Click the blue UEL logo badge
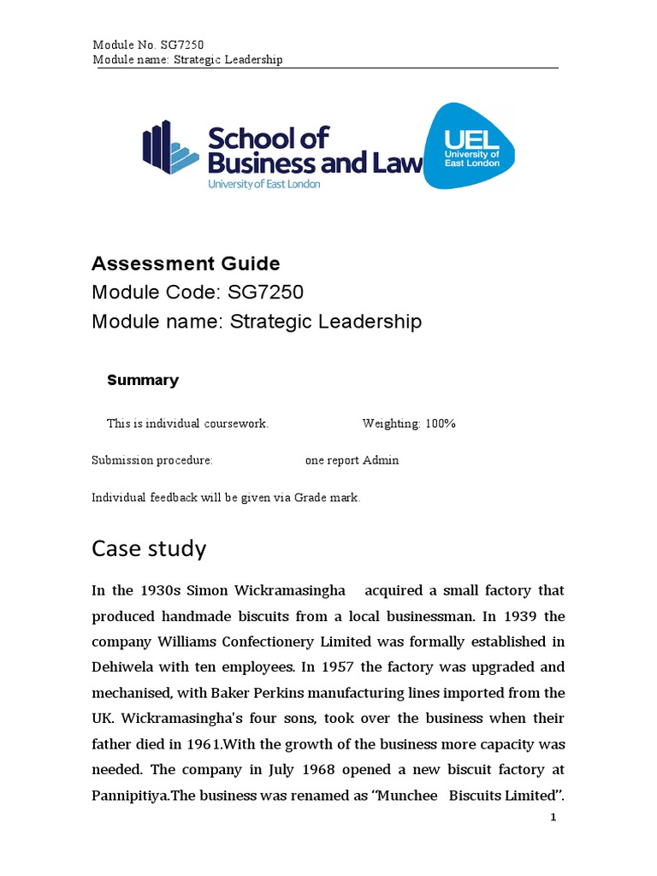pos(470,145)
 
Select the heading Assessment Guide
pos(186,263)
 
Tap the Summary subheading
pos(143,381)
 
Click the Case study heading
pos(149,548)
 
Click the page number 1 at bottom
pos(553,818)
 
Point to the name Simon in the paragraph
pos(209,590)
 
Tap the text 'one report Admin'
pos(352,460)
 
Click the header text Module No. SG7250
pos(148,44)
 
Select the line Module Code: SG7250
pos(198,293)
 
